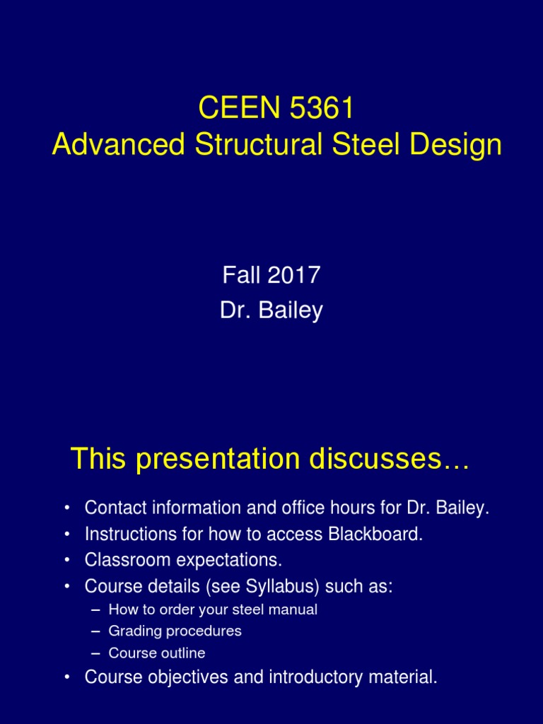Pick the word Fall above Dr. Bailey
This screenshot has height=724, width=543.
241,275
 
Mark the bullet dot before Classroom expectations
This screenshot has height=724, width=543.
66,561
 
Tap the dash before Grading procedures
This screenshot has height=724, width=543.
96,631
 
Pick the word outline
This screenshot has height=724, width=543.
183,653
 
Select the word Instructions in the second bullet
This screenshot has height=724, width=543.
124,535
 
